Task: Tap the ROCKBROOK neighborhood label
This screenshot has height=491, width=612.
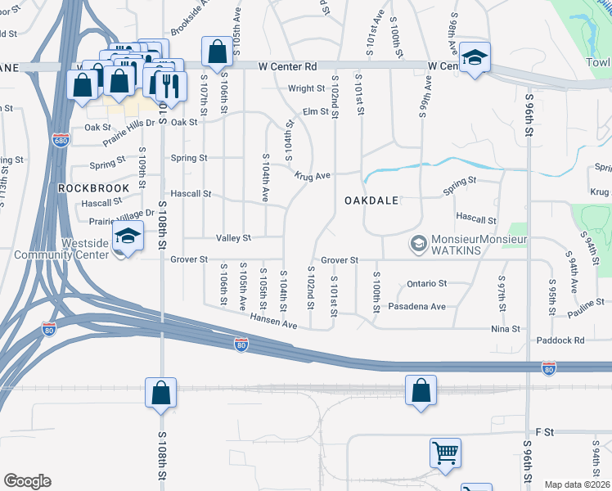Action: pyautogui.click(x=94, y=187)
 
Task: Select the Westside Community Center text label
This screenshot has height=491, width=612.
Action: pyautogui.click(x=61, y=249)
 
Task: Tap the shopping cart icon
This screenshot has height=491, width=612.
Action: pyautogui.click(x=445, y=452)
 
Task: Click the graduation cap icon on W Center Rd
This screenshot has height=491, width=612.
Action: pyautogui.click(x=475, y=57)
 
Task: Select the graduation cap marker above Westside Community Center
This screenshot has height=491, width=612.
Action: pyautogui.click(x=127, y=236)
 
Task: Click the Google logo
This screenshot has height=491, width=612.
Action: pyautogui.click(x=27, y=481)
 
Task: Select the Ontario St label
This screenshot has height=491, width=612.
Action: pyautogui.click(x=426, y=283)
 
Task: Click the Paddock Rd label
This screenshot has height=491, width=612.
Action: pyautogui.click(x=560, y=340)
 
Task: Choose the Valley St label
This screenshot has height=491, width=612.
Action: pyautogui.click(x=233, y=237)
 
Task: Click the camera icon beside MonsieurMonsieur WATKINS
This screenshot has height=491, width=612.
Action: pyautogui.click(x=418, y=244)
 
